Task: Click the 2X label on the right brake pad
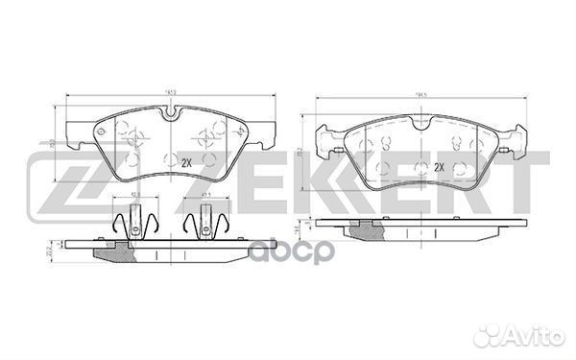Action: [x=439, y=167]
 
